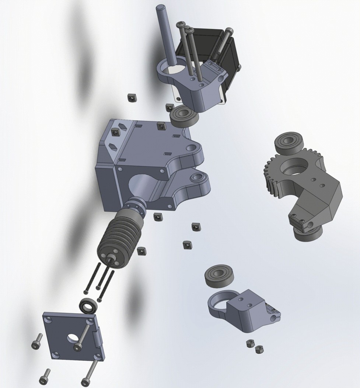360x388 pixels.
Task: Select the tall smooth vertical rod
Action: point(164,33)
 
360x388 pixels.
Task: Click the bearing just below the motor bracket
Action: point(184,116)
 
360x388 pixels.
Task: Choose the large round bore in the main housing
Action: point(142,184)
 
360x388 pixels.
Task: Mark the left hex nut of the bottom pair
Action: point(250,343)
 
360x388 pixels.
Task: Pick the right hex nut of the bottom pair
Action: point(259,348)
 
